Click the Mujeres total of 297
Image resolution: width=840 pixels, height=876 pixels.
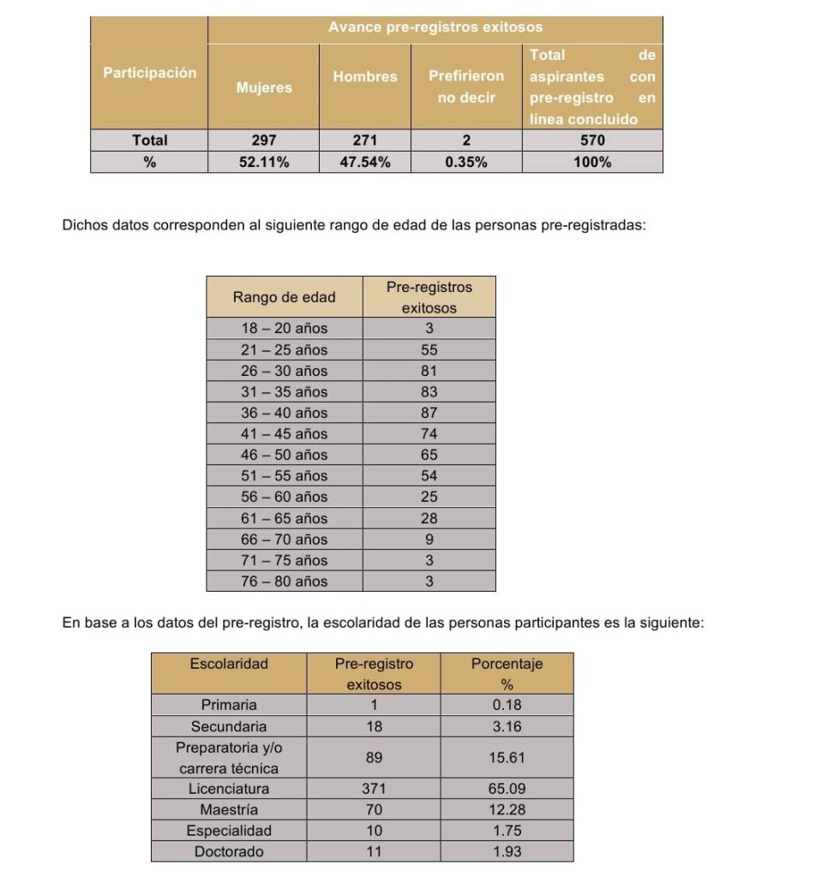(x=263, y=140)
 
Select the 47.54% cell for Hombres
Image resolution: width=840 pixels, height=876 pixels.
(x=365, y=163)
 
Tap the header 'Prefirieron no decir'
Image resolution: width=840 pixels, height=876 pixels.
(x=466, y=86)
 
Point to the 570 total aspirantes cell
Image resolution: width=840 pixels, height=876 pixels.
(x=592, y=140)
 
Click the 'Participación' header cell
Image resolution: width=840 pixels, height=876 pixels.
(x=149, y=73)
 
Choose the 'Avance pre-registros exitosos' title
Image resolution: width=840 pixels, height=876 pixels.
(x=435, y=28)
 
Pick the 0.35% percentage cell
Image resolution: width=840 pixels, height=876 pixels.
(x=466, y=163)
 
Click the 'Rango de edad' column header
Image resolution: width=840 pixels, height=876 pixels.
(x=284, y=297)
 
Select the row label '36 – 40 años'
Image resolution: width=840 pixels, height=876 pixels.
(x=284, y=413)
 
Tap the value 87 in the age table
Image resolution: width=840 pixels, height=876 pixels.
(x=429, y=413)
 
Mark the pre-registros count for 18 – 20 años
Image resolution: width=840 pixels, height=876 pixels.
(x=429, y=329)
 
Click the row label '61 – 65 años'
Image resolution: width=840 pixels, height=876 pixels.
(x=284, y=518)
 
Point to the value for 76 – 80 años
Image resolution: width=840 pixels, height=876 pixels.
(x=429, y=581)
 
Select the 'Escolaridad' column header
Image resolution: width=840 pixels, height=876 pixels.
(x=229, y=664)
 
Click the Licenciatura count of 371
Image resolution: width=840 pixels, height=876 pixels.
(x=374, y=789)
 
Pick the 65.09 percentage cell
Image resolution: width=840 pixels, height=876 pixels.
(x=507, y=789)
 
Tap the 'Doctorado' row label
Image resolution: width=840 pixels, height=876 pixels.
(x=229, y=852)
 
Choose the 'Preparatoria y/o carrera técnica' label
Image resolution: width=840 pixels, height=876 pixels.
(x=229, y=758)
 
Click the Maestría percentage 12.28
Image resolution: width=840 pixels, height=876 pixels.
(x=507, y=809)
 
